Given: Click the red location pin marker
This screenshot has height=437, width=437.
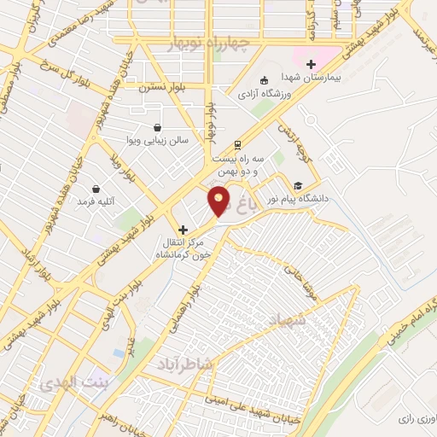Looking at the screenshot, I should [x=219, y=201].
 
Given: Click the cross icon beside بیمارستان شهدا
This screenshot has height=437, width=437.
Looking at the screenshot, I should [x=311, y=63].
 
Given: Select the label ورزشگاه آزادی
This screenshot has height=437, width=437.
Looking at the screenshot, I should [x=263, y=92].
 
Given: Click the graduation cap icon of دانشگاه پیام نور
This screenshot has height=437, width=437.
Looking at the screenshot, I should [x=297, y=185].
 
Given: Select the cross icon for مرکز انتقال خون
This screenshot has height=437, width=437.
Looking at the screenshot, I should [x=182, y=230].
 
